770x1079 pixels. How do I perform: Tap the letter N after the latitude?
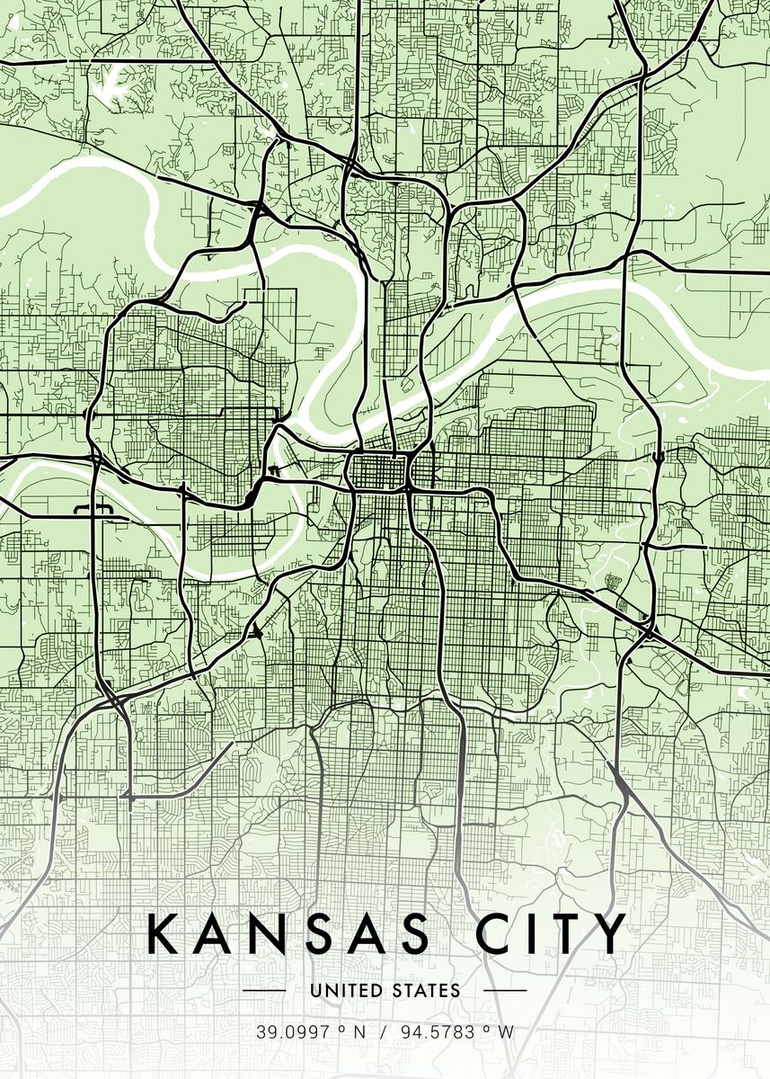click(359, 1032)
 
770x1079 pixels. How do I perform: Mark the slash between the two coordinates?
click(382, 1032)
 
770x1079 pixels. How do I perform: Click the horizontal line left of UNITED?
click(265, 991)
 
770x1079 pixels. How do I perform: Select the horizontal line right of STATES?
click(505, 991)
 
